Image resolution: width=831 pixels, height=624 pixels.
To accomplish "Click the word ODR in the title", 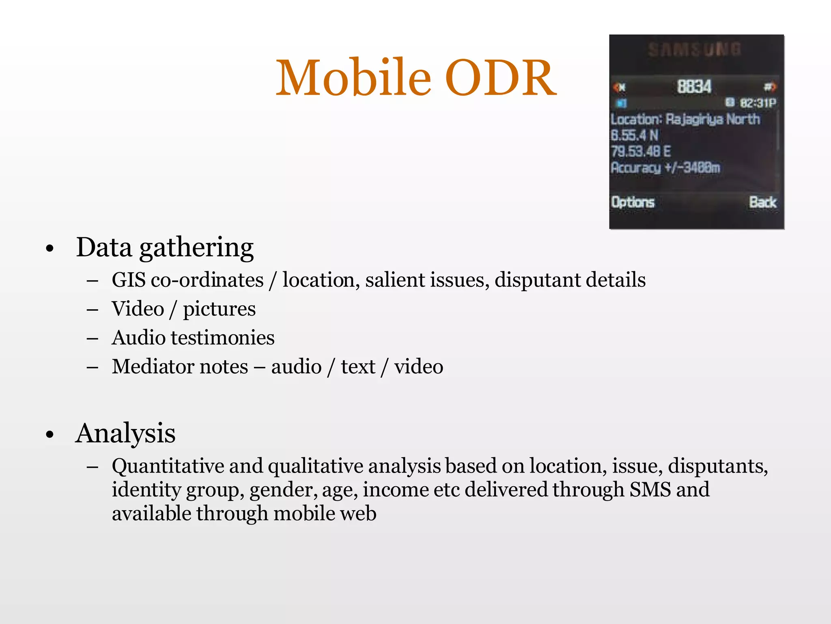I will pyautogui.click(x=501, y=78).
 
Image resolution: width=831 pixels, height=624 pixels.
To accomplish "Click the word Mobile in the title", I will pyautogui.click(x=353, y=78).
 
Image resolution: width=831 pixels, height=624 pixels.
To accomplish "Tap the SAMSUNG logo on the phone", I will pyautogui.click(x=694, y=50).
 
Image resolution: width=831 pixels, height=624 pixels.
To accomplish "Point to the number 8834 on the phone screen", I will pyautogui.click(x=694, y=87).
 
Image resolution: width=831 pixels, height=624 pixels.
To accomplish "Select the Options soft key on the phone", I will pyautogui.click(x=633, y=202).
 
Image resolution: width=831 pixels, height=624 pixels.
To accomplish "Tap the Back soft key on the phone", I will pyautogui.click(x=763, y=202).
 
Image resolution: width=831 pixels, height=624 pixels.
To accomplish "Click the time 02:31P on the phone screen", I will pyautogui.click(x=758, y=103).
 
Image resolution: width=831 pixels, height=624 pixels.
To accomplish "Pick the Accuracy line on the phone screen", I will pyautogui.click(x=665, y=167).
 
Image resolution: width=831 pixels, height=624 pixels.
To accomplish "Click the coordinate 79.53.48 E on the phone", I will pyautogui.click(x=641, y=152).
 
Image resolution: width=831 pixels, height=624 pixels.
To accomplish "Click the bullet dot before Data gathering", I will pyautogui.click(x=50, y=249).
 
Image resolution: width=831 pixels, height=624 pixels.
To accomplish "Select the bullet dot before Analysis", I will pyautogui.click(x=50, y=435).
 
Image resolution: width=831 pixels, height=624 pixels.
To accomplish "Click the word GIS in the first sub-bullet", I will pyautogui.click(x=129, y=280).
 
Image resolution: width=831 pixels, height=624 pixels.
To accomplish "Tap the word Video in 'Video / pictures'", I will pyautogui.click(x=138, y=309).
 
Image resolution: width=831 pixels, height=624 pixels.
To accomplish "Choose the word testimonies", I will pyautogui.click(x=223, y=338).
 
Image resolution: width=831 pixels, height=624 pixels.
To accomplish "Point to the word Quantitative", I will pyautogui.click(x=168, y=466).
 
